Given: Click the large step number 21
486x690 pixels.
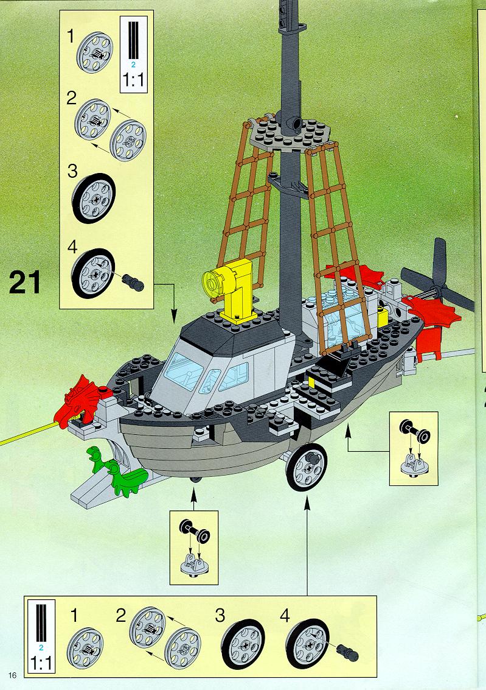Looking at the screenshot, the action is (x=25, y=283).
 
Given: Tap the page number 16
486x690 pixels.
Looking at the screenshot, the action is (x=12, y=675).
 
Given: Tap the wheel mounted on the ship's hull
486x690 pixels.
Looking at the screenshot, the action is (x=306, y=467).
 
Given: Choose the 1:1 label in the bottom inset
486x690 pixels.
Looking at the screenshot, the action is (x=41, y=662).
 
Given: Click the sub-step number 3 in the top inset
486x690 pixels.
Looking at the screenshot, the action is (x=73, y=171).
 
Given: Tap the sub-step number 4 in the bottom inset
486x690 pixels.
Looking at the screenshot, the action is (x=285, y=616).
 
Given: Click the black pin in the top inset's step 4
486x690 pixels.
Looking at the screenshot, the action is (x=133, y=281).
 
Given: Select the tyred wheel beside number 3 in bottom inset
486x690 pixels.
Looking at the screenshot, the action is (x=243, y=643).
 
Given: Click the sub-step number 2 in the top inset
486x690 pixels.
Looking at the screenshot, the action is (x=72, y=98).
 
